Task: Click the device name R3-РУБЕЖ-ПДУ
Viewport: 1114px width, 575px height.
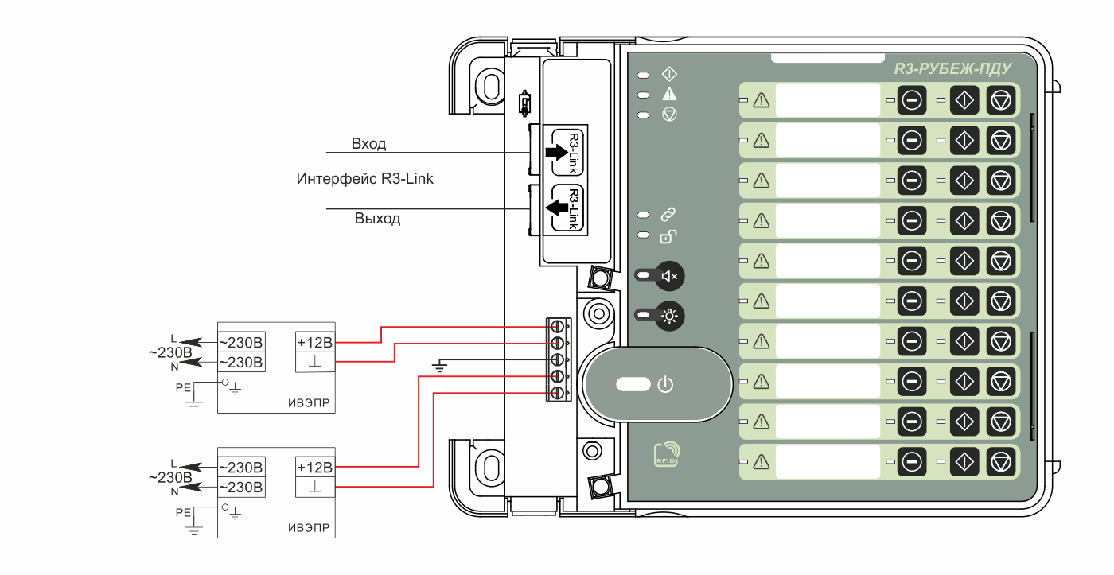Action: (952, 68)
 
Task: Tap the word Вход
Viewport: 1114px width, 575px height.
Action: (368, 144)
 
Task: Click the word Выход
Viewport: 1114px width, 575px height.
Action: (377, 218)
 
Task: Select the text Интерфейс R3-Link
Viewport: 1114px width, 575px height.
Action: (364, 178)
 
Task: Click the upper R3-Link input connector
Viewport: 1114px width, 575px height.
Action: (567, 152)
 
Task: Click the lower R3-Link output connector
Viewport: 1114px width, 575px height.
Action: (567, 208)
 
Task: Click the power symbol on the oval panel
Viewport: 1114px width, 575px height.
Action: (665, 384)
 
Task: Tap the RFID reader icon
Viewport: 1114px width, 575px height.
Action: (667, 454)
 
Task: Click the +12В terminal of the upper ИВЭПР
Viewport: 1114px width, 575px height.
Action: (315, 342)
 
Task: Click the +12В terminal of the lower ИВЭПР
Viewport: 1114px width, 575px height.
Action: (315, 467)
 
